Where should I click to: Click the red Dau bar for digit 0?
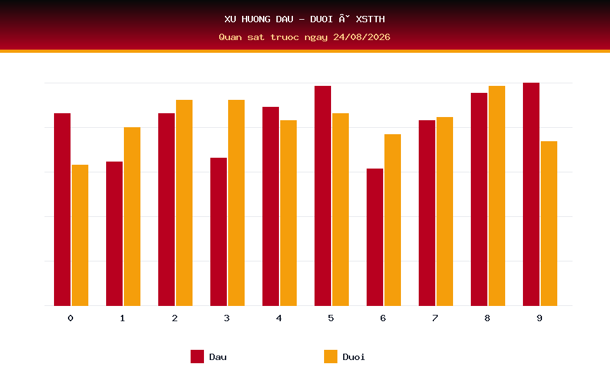pyautogui.click(x=62, y=209)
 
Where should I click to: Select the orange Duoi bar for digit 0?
pyautogui.click(x=80, y=235)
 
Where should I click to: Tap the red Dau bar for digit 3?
pyautogui.click(x=219, y=232)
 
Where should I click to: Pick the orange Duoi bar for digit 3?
pyautogui.click(x=236, y=203)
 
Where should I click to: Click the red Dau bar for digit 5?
pyautogui.click(x=323, y=196)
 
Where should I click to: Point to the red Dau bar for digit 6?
pyautogui.click(x=375, y=237)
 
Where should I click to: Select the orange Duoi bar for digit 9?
pyautogui.click(x=549, y=224)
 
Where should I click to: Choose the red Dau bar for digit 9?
pyautogui.click(x=531, y=195)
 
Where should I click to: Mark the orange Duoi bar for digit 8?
pyautogui.click(x=497, y=196)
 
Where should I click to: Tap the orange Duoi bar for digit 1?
pyautogui.click(x=132, y=217)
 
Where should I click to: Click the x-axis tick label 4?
pyautogui.click(x=279, y=318)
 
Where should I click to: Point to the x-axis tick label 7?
pyautogui.click(x=435, y=318)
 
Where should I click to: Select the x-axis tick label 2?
pyautogui.click(x=175, y=318)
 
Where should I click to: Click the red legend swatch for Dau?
pyautogui.click(x=197, y=356)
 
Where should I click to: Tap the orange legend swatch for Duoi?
pyautogui.click(x=330, y=356)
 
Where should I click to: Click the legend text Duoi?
pyautogui.click(x=354, y=357)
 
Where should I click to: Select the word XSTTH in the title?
pyautogui.click(x=370, y=19)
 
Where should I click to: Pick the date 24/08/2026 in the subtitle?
pyautogui.click(x=362, y=37)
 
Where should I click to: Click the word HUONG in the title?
pyautogui.click(x=256, y=19)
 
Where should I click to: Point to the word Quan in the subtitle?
pyautogui.click(x=230, y=37)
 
